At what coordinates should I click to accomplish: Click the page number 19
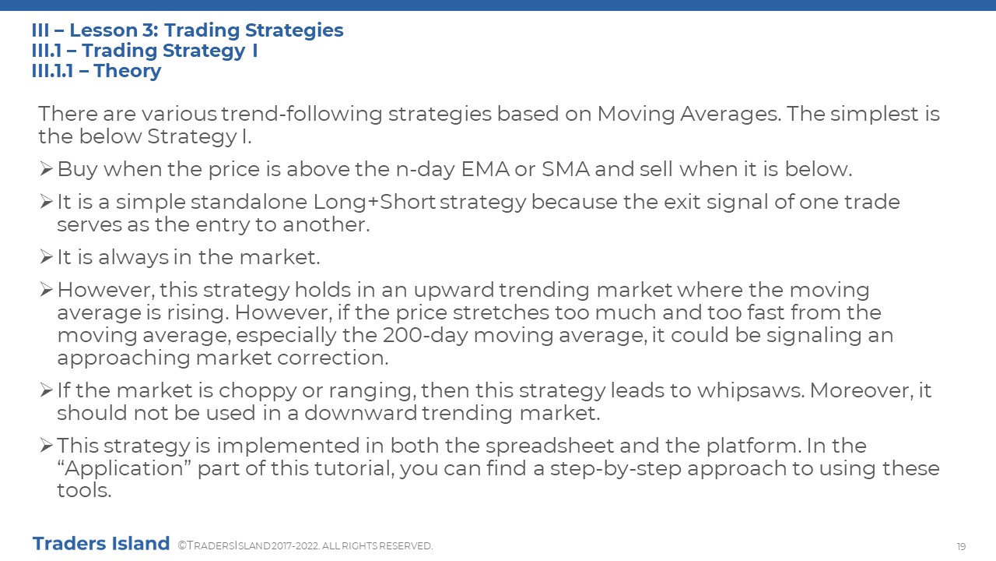pyautogui.click(x=961, y=546)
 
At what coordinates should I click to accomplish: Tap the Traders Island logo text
pyautogui.click(x=101, y=543)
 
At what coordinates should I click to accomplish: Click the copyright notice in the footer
pyautogui.click(x=305, y=546)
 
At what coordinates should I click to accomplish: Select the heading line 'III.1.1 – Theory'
pyautogui.click(x=96, y=71)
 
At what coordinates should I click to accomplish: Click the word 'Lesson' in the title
pyautogui.click(x=103, y=30)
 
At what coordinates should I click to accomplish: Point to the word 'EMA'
pyautogui.click(x=485, y=169)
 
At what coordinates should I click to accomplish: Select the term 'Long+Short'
pyautogui.click(x=374, y=202)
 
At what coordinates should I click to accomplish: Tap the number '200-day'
pyautogui.click(x=425, y=335)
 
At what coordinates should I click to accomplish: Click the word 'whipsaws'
pyautogui.click(x=750, y=391)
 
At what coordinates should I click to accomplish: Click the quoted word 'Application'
pyautogui.click(x=124, y=469)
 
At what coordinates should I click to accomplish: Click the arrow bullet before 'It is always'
pyautogui.click(x=46, y=257)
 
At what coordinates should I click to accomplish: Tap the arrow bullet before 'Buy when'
pyautogui.click(x=46, y=169)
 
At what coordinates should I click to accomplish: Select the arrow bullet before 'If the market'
pyautogui.click(x=46, y=390)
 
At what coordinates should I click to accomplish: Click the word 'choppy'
pyautogui.click(x=258, y=391)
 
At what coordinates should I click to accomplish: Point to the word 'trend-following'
pyautogui.click(x=301, y=114)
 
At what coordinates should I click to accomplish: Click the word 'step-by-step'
pyautogui.click(x=615, y=469)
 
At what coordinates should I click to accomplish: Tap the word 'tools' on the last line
pyautogui.click(x=84, y=490)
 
